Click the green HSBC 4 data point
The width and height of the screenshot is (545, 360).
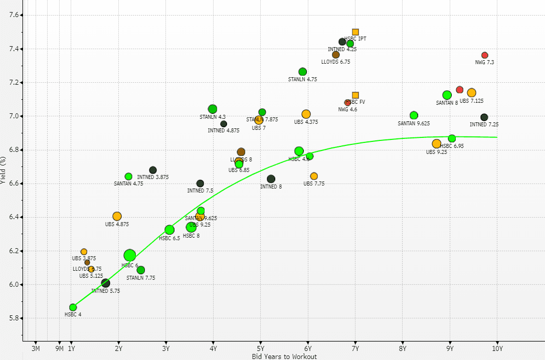(73, 307)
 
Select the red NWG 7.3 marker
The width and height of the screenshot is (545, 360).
(485, 55)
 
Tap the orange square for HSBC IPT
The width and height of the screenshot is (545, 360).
(355, 32)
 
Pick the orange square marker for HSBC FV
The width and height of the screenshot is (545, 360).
(355, 95)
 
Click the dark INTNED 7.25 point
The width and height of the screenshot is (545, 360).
(484, 117)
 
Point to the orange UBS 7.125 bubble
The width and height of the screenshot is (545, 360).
(471, 93)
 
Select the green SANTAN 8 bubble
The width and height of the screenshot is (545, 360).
(447, 95)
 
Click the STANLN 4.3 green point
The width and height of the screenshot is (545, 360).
(213, 109)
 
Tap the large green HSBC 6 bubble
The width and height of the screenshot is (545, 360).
(130, 256)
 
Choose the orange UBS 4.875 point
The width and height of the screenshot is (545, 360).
(117, 216)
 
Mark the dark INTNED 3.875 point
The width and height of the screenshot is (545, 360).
(153, 170)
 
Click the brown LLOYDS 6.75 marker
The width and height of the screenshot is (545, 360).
(336, 55)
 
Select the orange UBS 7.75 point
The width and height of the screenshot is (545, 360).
(314, 176)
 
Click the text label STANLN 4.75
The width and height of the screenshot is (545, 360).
(302, 79)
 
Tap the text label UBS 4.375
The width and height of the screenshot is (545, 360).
(306, 122)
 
